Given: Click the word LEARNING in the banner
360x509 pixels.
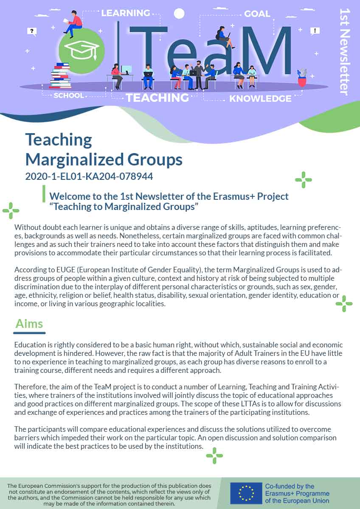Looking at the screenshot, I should point(125,13).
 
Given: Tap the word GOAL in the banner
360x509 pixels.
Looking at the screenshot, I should point(257,14).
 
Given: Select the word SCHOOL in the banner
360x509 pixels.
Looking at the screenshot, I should point(69,95).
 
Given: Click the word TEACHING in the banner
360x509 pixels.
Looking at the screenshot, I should point(157,98).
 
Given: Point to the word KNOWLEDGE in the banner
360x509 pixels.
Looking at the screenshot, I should point(260,99).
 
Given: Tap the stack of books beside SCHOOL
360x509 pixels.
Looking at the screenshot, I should point(60,76).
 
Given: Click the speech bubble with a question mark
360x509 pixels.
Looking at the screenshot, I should point(32,31).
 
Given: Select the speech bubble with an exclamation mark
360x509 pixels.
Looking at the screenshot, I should point(315,31).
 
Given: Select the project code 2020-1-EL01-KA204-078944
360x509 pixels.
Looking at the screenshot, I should point(89,176).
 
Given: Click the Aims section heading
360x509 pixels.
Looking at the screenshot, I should point(29,324).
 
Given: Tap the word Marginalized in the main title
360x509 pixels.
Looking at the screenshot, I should point(68,159).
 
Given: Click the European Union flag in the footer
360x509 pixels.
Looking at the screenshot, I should point(246,493).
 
